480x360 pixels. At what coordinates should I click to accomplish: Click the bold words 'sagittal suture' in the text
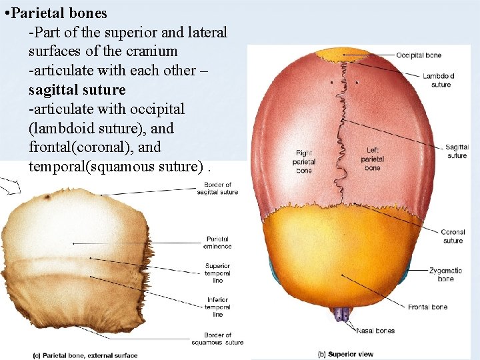coord(77,89)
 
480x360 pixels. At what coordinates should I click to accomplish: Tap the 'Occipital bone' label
coord(419,55)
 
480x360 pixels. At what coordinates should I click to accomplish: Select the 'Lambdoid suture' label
coord(438,80)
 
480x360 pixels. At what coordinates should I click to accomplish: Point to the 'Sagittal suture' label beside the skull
coord(457,151)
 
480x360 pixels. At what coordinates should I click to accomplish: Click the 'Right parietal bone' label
coord(303,162)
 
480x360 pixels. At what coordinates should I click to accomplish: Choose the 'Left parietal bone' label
coord(372,159)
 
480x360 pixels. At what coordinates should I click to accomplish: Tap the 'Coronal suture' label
coord(453,237)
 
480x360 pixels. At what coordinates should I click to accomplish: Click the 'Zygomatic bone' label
coord(446,275)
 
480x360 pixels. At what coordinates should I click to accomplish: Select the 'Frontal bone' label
coord(428,307)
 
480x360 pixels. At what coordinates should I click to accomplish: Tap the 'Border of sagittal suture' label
coord(217,189)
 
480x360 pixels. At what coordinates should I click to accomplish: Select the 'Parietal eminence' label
coord(217,243)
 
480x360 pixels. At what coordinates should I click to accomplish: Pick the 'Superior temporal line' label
coord(217,273)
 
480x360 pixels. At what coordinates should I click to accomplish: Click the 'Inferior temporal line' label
coord(217,307)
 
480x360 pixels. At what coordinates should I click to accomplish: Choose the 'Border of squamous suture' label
coord(220,339)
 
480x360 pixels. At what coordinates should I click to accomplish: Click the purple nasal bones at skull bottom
coord(344,313)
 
